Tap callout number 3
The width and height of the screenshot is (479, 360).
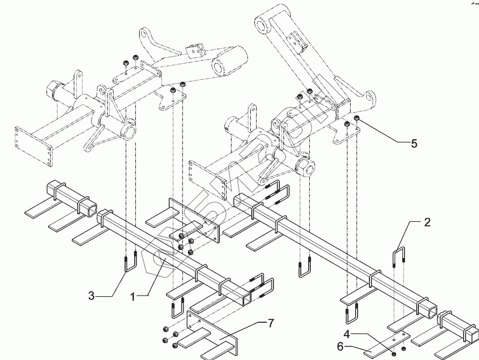(x=92, y=294)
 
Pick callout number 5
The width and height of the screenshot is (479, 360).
(x=414, y=144)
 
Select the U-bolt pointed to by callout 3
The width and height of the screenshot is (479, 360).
(x=131, y=263)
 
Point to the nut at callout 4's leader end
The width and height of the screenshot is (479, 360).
(x=393, y=353)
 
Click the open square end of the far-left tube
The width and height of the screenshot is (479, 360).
(x=55, y=188)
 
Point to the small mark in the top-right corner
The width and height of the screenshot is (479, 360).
(x=472, y=3)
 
